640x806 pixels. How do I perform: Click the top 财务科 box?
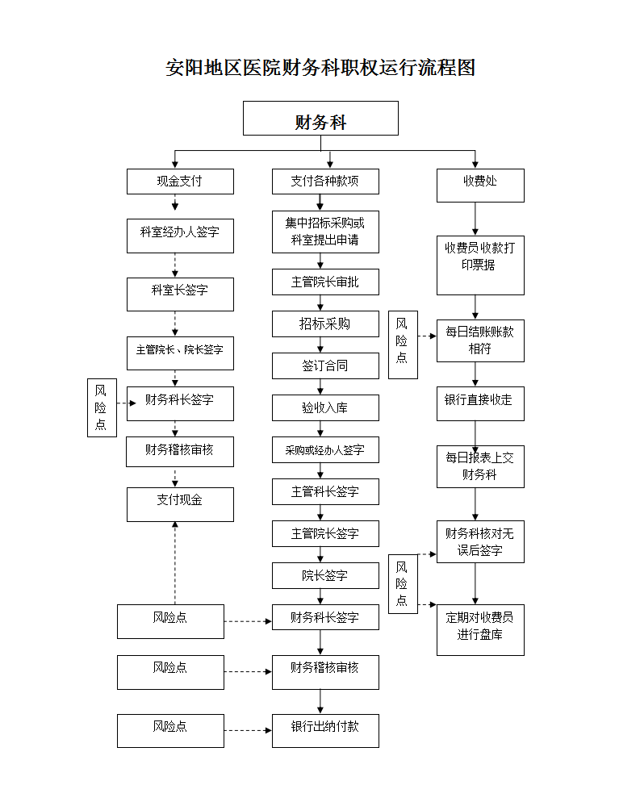[x=320, y=119]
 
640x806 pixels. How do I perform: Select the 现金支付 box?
[x=180, y=182]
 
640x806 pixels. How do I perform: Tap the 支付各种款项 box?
[x=325, y=182]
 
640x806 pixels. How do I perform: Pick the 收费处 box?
[x=480, y=185]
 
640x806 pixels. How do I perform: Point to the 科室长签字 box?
[x=180, y=294]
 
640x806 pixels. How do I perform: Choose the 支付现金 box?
[x=180, y=504]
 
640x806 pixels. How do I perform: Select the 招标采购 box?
[x=325, y=324]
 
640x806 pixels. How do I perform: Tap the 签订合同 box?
[x=325, y=365]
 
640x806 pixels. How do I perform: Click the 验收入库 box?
[x=325, y=407]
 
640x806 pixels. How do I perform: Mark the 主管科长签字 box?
[x=325, y=491]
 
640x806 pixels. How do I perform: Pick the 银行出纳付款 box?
[x=325, y=730]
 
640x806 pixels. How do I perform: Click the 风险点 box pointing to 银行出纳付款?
[x=170, y=730]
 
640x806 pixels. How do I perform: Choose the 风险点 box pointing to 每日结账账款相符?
[x=402, y=345]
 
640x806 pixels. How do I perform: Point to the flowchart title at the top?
[x=320, y=68]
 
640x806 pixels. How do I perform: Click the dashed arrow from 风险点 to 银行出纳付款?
[x=248, y=730]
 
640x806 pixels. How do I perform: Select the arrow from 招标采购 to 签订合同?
[x=322, y=345]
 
